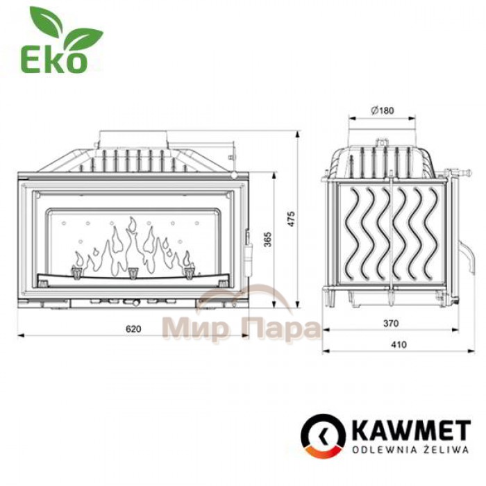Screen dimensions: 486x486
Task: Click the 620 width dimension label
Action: (x=133, y=328)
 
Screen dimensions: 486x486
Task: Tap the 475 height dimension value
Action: (x=291, y=219)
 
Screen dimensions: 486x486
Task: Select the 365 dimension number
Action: (x=267, y=240)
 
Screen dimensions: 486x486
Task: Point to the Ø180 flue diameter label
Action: (x=382, y=110)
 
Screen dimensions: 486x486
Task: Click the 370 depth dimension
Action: (x=390, y=324)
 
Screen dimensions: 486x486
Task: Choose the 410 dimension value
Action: (x=399, y=344)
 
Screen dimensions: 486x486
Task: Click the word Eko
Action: (x=53, y=61)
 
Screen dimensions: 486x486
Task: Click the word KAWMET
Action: (x=412, y=430)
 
